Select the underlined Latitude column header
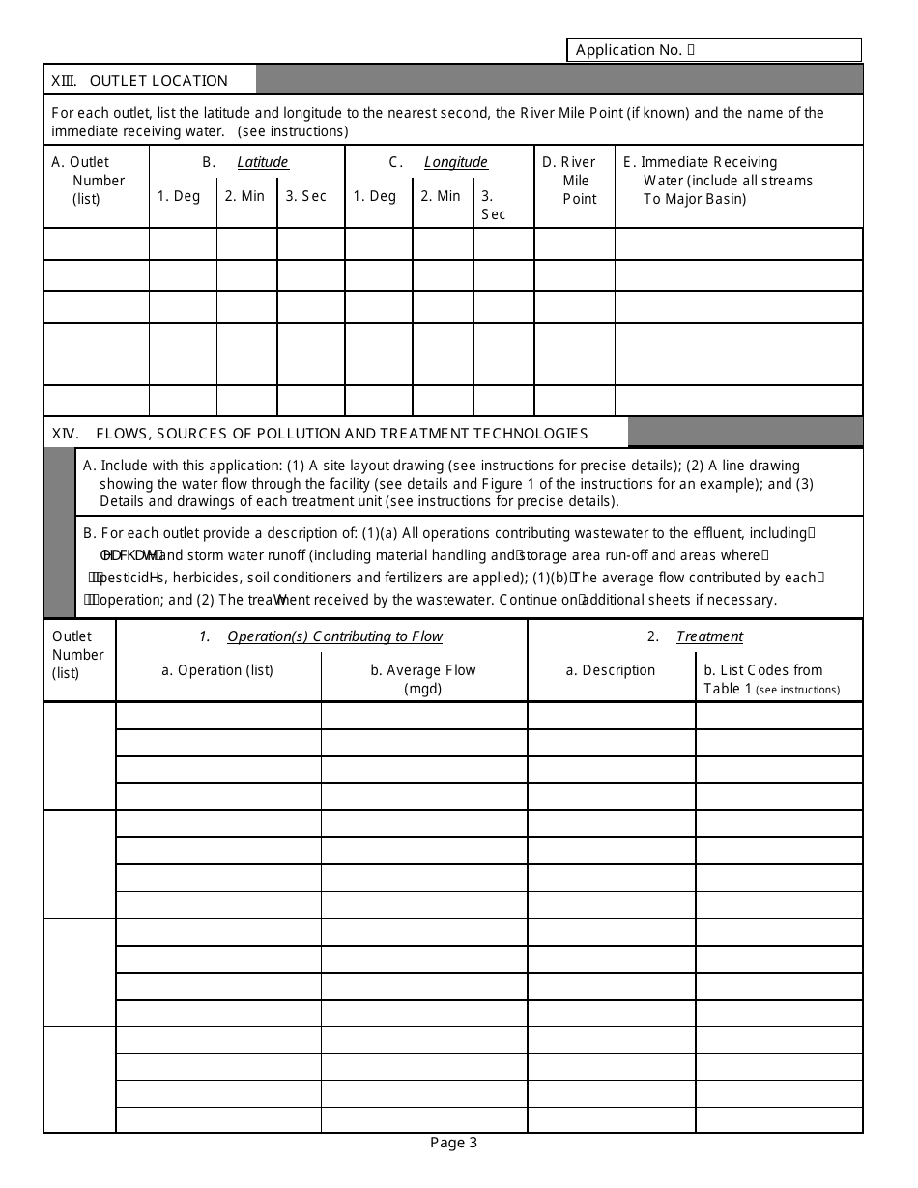tap(263, 162)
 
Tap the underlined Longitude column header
tap(456, 162)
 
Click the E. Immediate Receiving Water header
tap(727, 181)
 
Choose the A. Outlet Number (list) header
tap(89, 181)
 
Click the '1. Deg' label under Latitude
tap(179, 196)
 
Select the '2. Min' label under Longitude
tap(441, 196)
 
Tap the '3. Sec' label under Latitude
tap(306, 196)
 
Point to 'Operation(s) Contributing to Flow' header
tap(334, 636)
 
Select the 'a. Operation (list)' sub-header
tap(217, 670)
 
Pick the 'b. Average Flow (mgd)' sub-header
tap(423, 678)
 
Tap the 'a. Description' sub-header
tap(611, 670)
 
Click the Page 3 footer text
tap(453, 1144)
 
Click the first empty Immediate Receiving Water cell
tap(738, 243)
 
